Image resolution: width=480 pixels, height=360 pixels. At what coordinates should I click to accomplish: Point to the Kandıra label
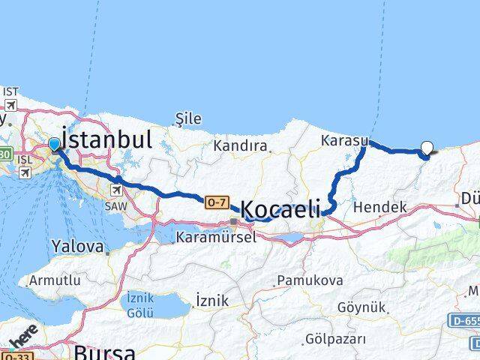[240, 145]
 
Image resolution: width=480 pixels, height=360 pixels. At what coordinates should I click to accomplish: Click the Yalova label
[78, 246]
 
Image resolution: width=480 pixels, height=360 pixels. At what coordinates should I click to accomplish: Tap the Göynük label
[361, 307]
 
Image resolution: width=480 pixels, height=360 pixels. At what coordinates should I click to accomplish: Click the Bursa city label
[104, 352]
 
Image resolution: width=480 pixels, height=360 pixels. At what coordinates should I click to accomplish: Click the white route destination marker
[427, 148]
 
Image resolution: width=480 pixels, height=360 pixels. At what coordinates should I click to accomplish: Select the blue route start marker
[55, 144]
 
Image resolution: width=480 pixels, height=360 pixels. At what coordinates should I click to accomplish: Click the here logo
[24, 341]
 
